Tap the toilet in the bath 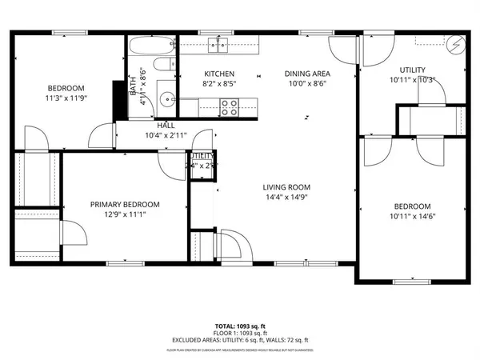tap(163, 66)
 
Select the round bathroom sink tap(166, 100)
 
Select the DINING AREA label tap(307, 74)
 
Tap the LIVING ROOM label tap(286, 187)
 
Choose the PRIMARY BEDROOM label tap(124, 204)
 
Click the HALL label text tap(166, 126)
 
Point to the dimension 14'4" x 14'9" tap(286, 197)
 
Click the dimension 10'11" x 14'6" tap(412, 215)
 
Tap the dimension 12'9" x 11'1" tap(124, 214)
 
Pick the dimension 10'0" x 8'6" tap(307, 83)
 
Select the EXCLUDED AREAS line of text tap(240, 340)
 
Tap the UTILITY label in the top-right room tap(412, 70)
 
